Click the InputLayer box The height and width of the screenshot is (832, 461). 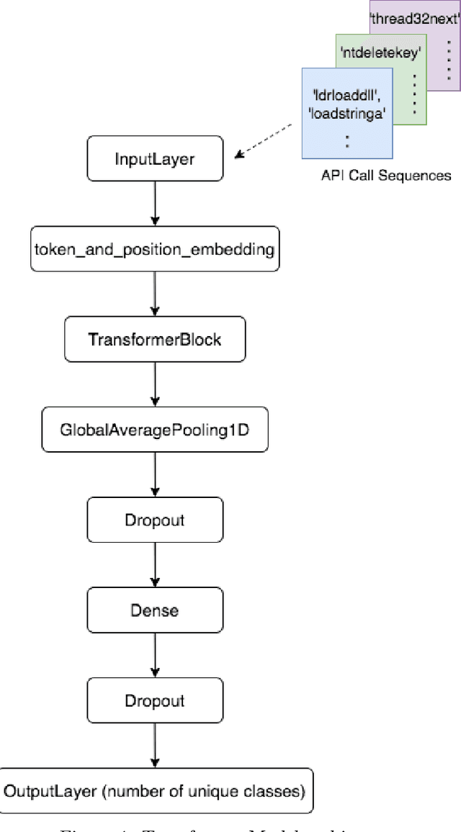[x=154, y=159]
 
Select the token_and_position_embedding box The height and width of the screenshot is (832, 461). [x=154, y=250]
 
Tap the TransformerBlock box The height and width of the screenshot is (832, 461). [x=154, y=339]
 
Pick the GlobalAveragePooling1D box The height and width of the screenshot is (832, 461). [x=154, y=430]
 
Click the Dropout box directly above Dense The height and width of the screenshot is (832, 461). [x=154, y=520]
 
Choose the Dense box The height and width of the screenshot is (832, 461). [x=154, y=610]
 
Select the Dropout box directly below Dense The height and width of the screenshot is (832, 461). [x=154, y=700]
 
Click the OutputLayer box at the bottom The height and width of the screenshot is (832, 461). [x=154, y=791]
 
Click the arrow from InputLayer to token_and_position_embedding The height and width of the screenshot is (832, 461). [x=154, y=204]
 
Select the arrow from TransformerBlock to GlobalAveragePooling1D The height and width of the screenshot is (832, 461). [x=154, y=384]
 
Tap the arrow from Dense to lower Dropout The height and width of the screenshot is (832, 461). [x=154, y=655]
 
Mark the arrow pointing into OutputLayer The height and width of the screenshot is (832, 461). [x=154, y=746]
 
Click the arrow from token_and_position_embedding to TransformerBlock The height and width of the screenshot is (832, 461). [x=154, y=294]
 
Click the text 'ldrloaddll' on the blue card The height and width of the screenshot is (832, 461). [x=341, y=94]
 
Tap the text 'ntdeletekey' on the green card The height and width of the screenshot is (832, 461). [x=380, y=53]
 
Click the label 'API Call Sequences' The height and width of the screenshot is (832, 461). [x=386, y=175]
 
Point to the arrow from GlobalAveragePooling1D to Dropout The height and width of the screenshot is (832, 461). [x=154, y=474]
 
